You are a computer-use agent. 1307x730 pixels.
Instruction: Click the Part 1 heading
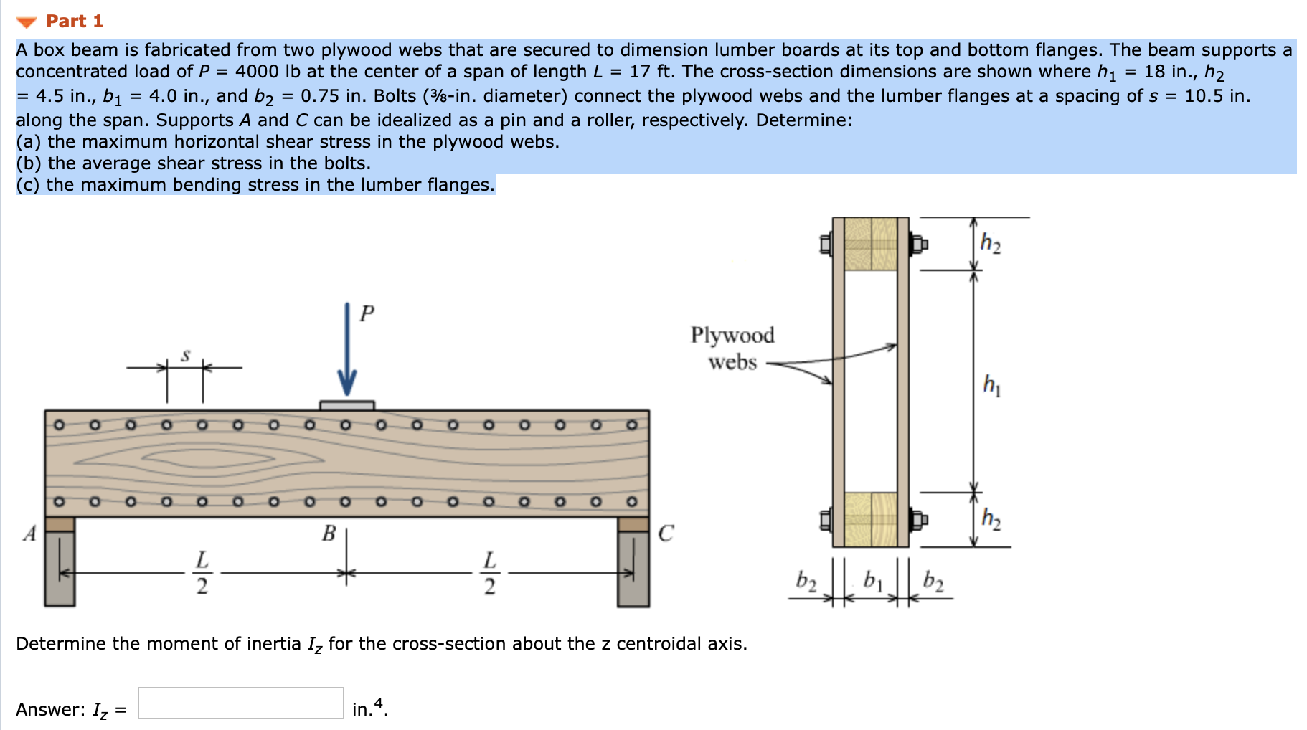(x=75, y=22)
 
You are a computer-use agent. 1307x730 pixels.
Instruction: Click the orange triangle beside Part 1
(x=27, y=22)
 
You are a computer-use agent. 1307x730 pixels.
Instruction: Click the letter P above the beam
(x=367, y=313)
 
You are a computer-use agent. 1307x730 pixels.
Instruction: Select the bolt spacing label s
(x=186, y=355)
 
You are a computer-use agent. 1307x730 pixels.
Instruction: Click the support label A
(x=29, y=534)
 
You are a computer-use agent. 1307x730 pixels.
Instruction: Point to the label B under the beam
(x=329, y=534)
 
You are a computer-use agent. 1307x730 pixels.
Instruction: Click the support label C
(x=666, y=534)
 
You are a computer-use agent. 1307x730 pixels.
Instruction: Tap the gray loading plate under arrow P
(x=347, y=406)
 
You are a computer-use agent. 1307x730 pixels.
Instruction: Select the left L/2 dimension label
(x=202, y=572)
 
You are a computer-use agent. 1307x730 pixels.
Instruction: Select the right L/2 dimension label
(x=489, y=572)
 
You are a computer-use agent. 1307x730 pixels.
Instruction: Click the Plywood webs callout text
(x=732, y=349)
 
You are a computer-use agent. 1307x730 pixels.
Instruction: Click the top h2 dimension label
(x=991, y=243)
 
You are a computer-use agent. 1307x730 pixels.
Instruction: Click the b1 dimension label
(x=872, y=579)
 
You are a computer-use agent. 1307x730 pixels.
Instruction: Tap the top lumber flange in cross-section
(x=871, y=244)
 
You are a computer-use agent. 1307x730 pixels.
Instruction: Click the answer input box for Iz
(x=241, y=703)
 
